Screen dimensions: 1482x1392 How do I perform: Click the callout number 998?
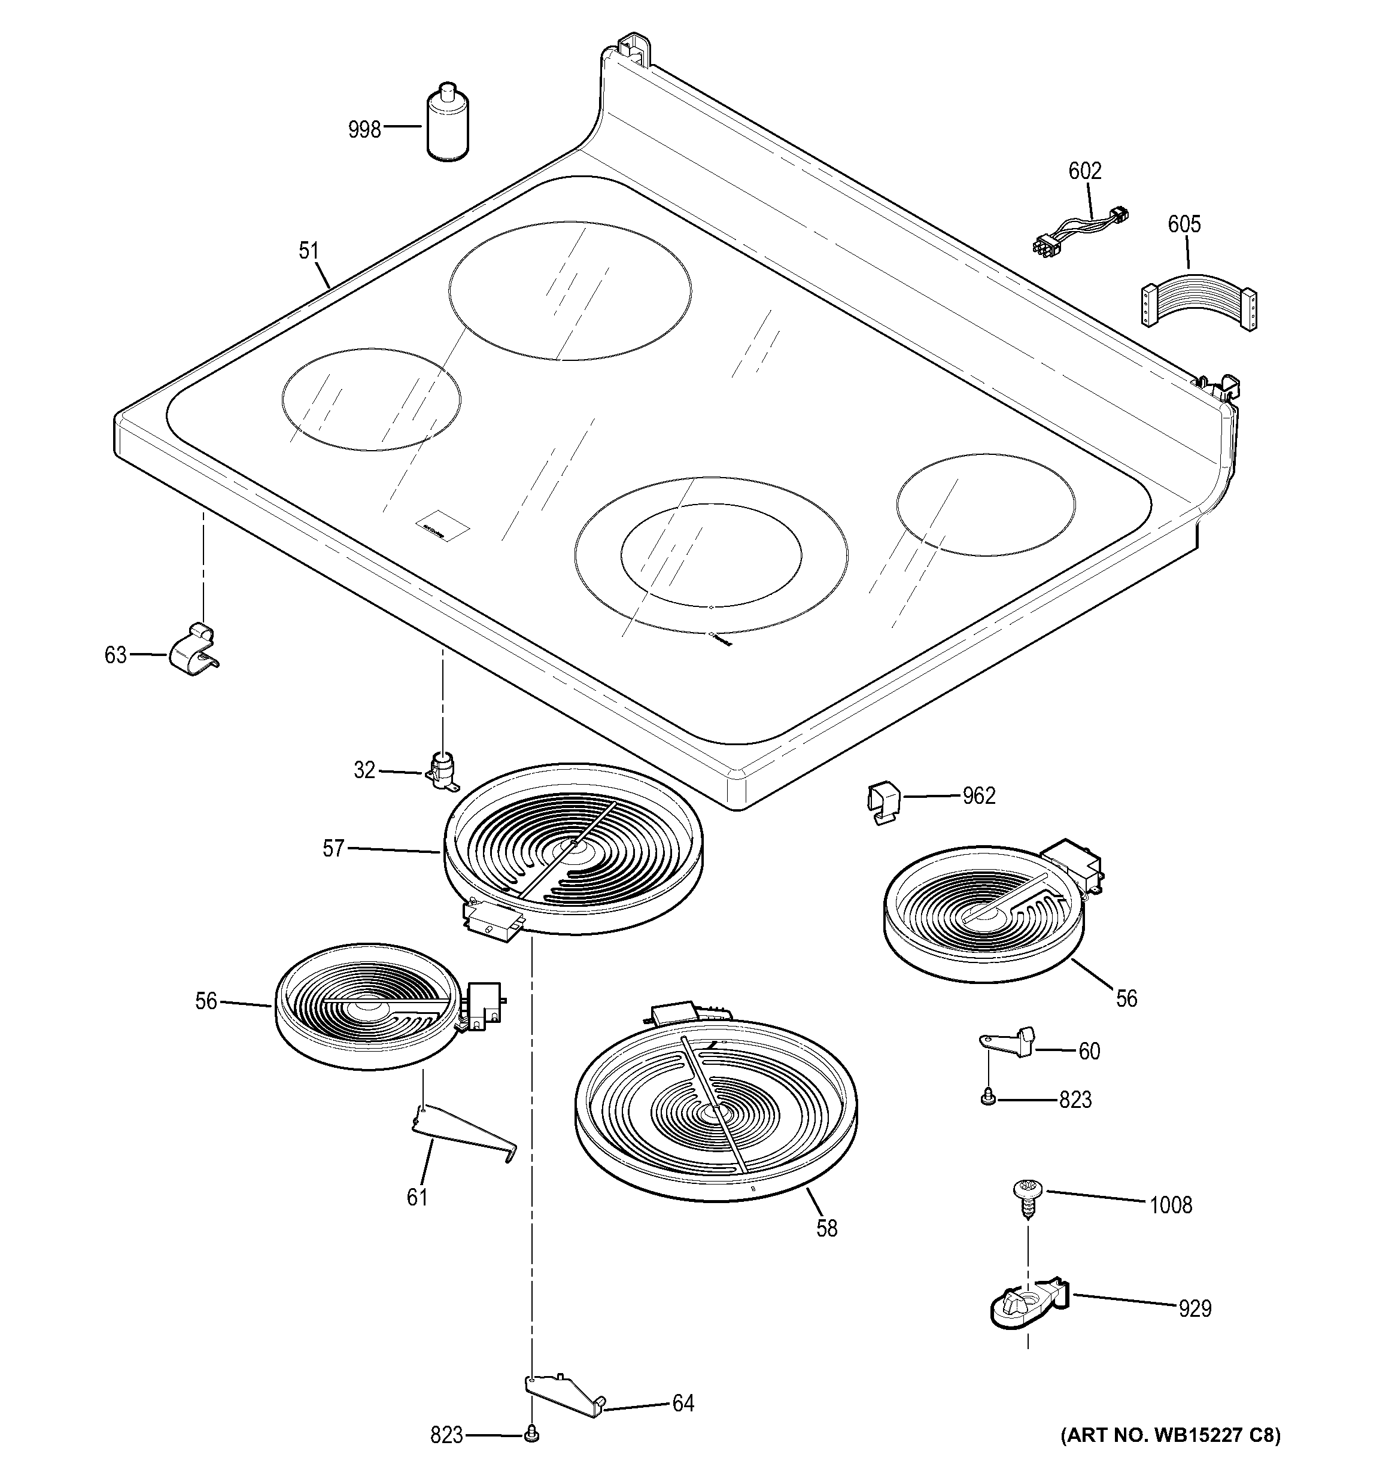point(364,130)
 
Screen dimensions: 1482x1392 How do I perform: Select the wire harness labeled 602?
point(1081,227)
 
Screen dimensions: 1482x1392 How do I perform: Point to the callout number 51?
point(309,251)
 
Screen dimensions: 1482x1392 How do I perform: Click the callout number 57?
point(333,848)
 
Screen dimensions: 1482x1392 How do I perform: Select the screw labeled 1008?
point(1028,1199)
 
